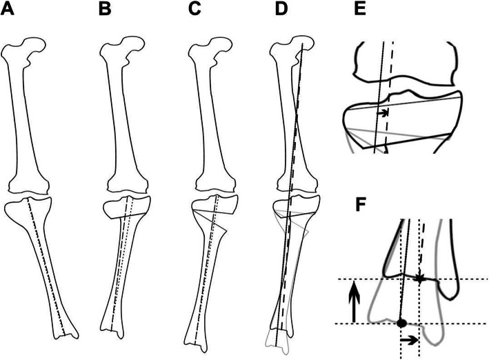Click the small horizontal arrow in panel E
(383, 110)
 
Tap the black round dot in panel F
(401, 323)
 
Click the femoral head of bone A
(32, 49)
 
